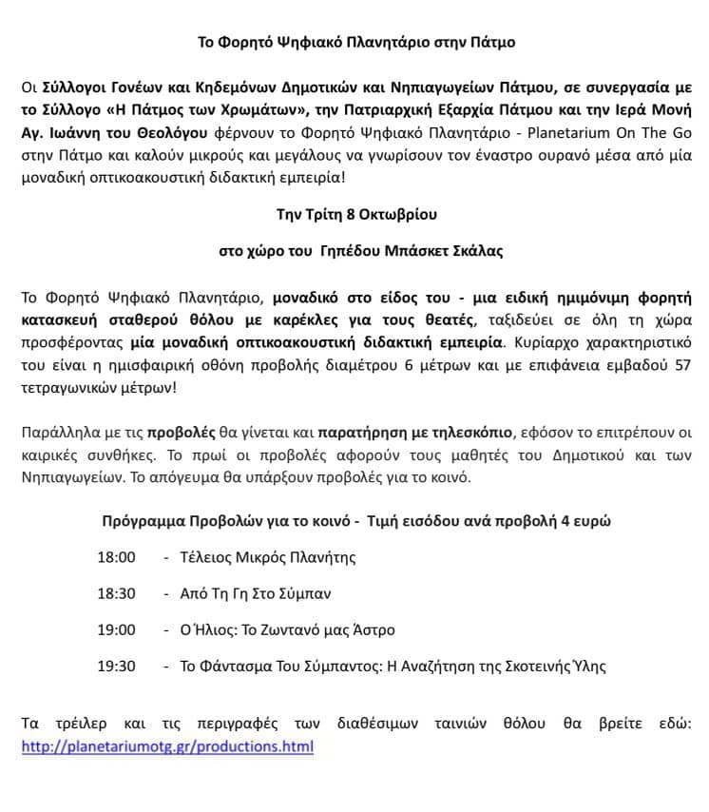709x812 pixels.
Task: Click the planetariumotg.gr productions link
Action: pos(167,746)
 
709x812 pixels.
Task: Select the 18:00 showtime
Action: pos(116,557)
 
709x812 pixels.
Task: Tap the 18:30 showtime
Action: pos(116,593)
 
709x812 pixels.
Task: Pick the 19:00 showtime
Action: pos(116,629)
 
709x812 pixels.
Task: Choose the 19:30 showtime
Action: pos(116,666)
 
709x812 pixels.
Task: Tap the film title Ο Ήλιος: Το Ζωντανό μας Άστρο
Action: pos(287,629)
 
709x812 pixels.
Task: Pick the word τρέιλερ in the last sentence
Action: pos(85,725)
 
